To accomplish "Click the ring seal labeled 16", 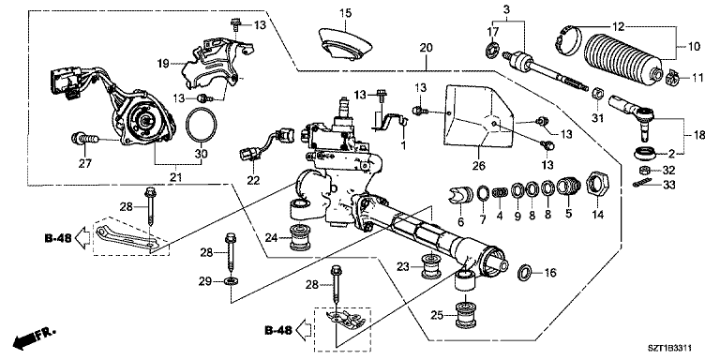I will point(525,273).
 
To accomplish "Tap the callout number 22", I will point(251,180).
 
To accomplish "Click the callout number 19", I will point(163,64).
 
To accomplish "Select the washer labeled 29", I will point(231,279).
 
